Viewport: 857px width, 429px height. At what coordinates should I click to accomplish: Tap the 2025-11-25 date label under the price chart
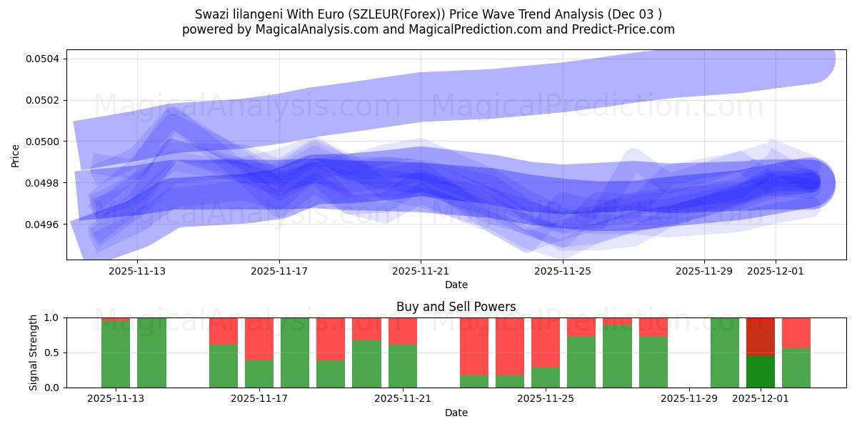coord(563,271)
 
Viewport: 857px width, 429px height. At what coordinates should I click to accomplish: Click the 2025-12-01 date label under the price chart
coord(776,271)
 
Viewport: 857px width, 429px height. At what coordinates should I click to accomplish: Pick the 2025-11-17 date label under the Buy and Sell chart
coord(259,399)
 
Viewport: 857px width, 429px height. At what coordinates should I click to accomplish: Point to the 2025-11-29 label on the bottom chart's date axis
coord(689,399)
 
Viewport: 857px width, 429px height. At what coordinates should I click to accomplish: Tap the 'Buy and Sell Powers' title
coord(456,307)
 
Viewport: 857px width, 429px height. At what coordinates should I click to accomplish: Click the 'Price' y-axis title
coord(16,155)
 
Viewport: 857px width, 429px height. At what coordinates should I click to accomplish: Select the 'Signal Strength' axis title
coord(34,352)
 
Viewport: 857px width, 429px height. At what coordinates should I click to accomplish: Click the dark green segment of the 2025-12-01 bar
coord(761,371)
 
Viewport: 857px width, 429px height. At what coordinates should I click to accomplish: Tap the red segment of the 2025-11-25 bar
coord(546,342)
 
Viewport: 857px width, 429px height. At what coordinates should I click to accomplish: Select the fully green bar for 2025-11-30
coord(725,352)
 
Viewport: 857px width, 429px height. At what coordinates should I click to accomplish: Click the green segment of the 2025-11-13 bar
coord(116,355)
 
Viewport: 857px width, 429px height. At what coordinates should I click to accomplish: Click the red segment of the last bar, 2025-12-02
coord(796,332)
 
